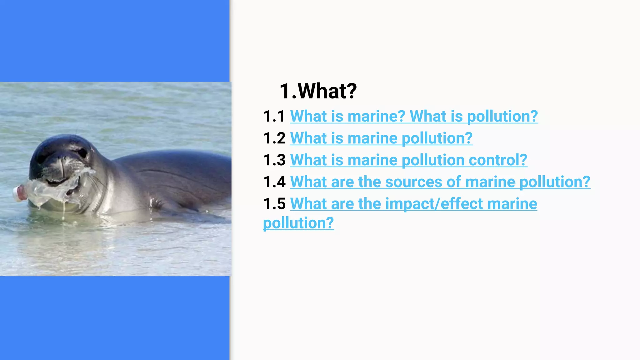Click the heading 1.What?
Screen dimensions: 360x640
(x=318, y=91)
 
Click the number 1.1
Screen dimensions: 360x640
(x=274, y=116)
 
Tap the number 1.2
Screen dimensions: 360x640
(x=274, y=138)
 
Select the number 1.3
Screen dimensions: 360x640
(x=274, y=160)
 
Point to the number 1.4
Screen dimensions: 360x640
(x=274, y=182)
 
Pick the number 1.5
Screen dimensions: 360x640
(x=274, y=204)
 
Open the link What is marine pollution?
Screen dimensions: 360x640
(x=381, y=138)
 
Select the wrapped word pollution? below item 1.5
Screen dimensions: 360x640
(x=298, y=223)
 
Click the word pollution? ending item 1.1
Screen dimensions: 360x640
(x=502, y=116)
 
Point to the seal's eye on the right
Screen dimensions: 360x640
(x=82, y=153)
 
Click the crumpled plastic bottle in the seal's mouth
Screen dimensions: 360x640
(x=53, y=191)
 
